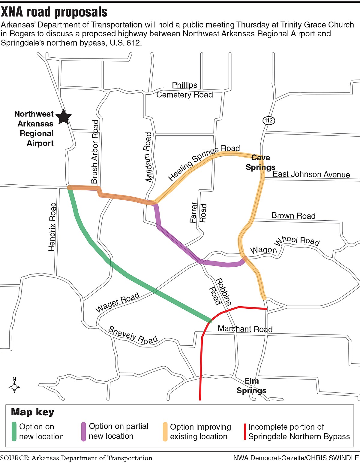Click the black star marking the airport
(x=64, y=117)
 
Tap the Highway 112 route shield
(x=268, y=121)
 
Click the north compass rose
(x=14, y=387)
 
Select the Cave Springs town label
(x=260, y=162)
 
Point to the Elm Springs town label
(x=251, y=386)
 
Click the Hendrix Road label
(x=52, y=227)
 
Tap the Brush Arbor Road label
(x=95, y=152)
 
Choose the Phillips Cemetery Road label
(x=184, y=90)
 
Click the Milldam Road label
(x=148, y=157)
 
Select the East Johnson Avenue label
(x=311, y=174)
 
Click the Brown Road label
(x=293, y=216)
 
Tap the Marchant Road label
(x=245, y=329)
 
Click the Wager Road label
(x=117, y=302)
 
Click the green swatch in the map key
(x=14, y=431)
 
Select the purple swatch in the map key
(x=84, y=431)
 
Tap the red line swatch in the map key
(x=245, y=431)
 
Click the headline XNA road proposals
(x=54, y=12)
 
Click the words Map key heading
(x=33, y=412)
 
